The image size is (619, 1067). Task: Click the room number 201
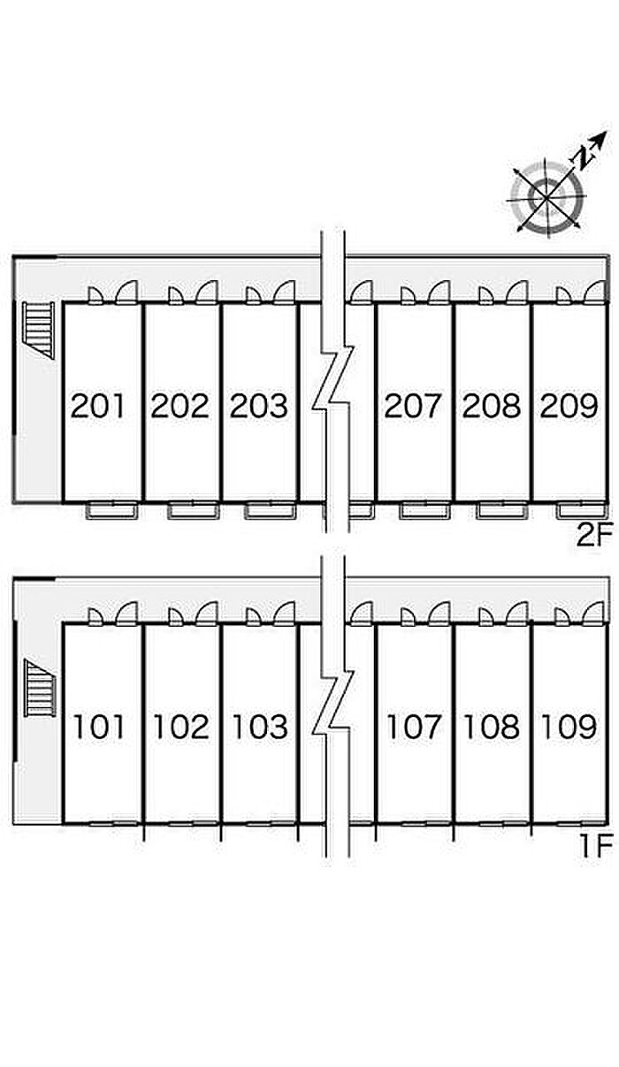coord(97,406)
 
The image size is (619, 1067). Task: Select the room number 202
coord(180,406)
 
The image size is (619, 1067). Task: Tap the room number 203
coord(259,406)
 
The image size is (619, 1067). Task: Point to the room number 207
coord(412,406)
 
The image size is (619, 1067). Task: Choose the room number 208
coord(492,406)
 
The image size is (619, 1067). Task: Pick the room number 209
coord(569,406)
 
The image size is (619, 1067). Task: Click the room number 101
coord(99,727)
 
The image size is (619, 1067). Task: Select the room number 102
coord(181,727)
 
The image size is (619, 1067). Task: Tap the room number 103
coord(260,727)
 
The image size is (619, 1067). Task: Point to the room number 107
coord(413,727)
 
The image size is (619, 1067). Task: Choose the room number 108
coord(492,727)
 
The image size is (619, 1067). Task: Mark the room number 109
coord(569,727)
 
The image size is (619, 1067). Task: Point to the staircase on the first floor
coord(41,688)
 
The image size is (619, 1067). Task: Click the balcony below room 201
coord(112,511)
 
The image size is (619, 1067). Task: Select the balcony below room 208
coord(503,511)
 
